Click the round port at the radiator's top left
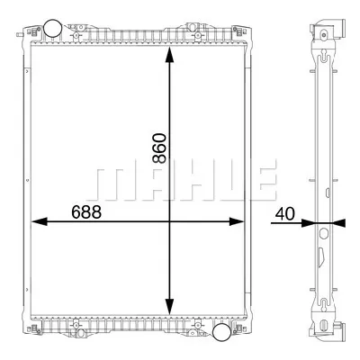click(53, 29)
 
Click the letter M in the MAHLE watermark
click(109, 181)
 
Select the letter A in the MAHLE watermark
click(146, 181)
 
